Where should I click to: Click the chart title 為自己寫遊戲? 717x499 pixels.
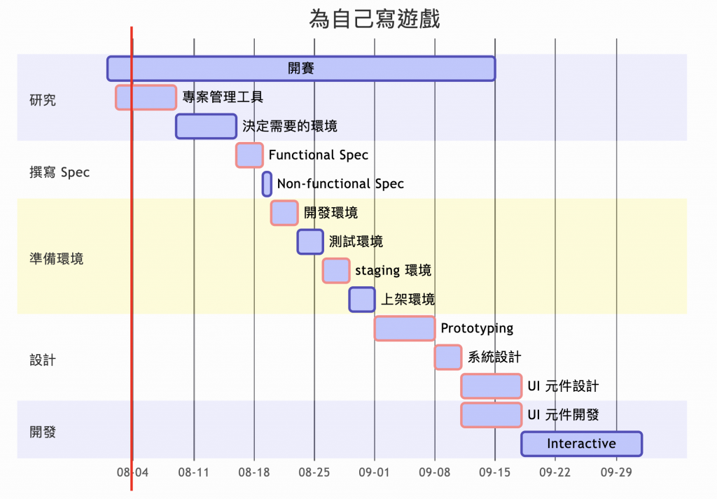click(x=375, y=19)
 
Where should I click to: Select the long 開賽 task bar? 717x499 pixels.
click(x=301, y=68)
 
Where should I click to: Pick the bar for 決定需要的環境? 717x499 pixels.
click(x=206, y=126)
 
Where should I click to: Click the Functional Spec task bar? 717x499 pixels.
click(x=249, y=155)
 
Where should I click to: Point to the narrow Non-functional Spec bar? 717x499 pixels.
click(x=267, y=184)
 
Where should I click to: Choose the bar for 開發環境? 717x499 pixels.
click(x=284, y=213)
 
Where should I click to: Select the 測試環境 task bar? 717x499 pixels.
click(x=310, y=241)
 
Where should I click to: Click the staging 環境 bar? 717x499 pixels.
click(x=336, y=270)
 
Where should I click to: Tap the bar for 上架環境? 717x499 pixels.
click(x=362, y=299)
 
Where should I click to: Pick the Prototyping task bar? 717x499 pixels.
click(x=405, y=328)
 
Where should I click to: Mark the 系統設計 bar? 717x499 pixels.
click(x=448, y=357)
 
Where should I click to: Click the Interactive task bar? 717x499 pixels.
click(x=581, y=444)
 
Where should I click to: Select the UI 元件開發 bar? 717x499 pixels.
click(x=492, y=414)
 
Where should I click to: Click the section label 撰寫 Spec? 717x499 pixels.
click(x=60, y=172)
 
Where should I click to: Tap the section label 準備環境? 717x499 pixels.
click(x=57, y=258)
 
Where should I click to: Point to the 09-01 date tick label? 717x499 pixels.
click(x=375, y=473)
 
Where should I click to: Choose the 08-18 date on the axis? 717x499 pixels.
click(x=254, y=473)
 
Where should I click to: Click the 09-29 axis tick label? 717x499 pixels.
click(x=616, y=473)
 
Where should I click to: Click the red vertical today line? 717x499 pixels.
click(x=132, y=280)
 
